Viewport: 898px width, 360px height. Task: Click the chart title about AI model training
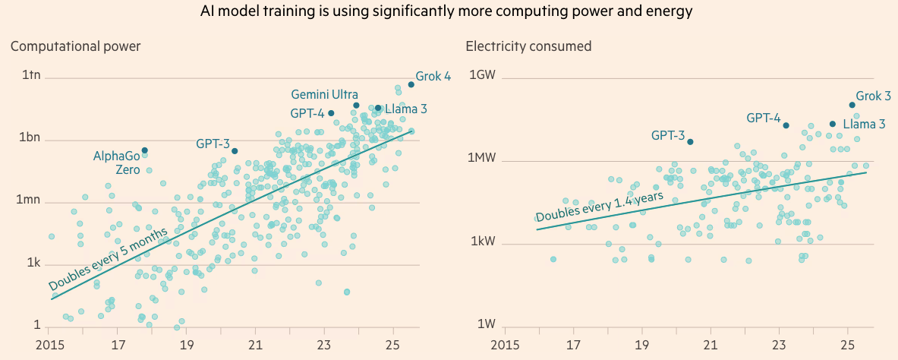pos(449,11)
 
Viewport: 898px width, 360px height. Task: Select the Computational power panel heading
pos(75,46)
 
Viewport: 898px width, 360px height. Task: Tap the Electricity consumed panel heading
pos(528,46)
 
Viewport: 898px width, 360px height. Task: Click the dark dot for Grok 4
pos(411,84)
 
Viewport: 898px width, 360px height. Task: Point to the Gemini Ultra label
pos(325,95)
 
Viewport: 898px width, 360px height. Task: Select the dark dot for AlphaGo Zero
pos(145,150)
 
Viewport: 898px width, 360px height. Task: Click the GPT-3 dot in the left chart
pos(235,151)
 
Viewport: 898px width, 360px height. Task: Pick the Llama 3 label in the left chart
pos(406,109)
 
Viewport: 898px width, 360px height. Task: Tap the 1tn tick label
pos(30,76)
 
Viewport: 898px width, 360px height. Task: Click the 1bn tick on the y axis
pos(30,139)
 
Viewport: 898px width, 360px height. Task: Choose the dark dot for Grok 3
pos(852,105)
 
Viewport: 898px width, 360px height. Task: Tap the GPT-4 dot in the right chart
pos(786,125)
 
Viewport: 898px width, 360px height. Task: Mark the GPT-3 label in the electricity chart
pos(667,136)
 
